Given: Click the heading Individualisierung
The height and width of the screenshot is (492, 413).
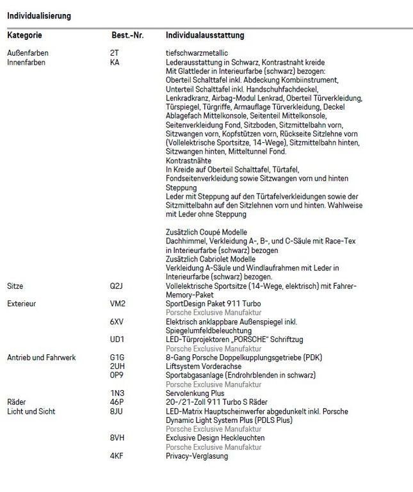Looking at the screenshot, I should point(39,15).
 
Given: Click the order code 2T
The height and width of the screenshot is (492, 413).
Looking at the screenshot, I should point(115,53).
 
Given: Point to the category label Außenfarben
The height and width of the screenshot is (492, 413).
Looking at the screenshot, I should point(28,53).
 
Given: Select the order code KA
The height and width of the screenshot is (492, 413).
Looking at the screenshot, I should point(115,63).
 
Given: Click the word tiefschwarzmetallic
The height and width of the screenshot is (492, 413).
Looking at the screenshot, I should point(197,53).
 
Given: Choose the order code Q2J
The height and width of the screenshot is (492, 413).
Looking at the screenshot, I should point(117,285).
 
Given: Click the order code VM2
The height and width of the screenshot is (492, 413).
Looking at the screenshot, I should point(117,303).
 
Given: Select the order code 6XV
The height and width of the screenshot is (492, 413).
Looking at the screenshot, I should point(117,321).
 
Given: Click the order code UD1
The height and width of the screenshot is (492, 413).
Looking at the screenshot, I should point(117,339).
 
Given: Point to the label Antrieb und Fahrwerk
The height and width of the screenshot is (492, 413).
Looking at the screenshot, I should point(41,357).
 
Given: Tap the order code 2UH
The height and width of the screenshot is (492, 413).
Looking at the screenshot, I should point(117,366).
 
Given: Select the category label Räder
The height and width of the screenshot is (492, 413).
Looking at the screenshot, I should point(17,402).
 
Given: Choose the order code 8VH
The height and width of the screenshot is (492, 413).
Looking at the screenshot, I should point(117,438).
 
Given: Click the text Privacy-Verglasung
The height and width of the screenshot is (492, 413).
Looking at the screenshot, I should point(197,455).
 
